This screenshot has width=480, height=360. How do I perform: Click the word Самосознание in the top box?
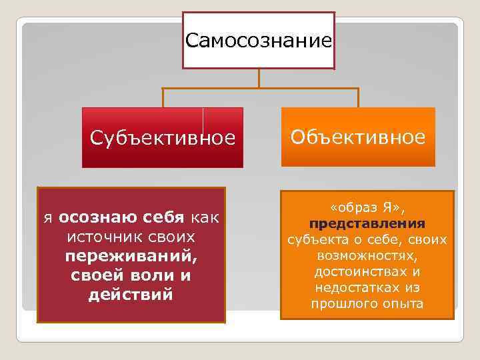point(259,41)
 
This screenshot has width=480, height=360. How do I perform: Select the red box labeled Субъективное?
point(163,138)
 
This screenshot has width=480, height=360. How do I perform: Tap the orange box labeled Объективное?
point(357,137)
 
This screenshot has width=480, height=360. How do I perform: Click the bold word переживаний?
point(132,256)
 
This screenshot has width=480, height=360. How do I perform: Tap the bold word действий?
point(131,294)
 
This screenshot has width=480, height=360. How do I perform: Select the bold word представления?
point(367,224)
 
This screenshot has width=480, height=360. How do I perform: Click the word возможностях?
point(367,256)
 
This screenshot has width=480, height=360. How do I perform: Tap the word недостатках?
point(356,288)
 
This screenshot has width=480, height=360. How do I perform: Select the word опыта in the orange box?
point(399,304)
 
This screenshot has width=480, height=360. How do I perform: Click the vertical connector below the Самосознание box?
point(259,78)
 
